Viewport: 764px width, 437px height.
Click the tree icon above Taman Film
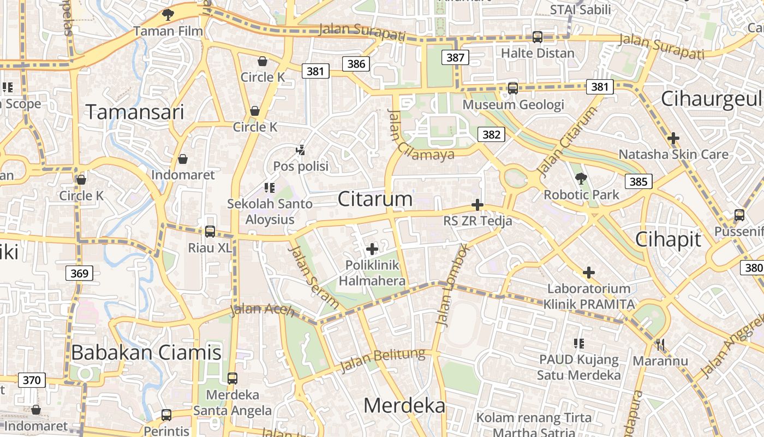168,15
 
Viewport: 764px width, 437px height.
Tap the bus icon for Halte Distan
538,37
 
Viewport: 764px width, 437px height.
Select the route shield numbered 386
356,64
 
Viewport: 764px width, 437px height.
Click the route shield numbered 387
455,57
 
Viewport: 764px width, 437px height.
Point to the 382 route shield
491,134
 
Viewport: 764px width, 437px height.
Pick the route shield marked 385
638,181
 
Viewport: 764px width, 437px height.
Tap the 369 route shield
79,273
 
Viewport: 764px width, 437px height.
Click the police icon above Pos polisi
300,149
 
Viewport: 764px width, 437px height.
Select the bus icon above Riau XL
210,231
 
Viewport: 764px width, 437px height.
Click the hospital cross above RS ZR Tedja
477,205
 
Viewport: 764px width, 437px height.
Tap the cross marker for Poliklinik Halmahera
372,249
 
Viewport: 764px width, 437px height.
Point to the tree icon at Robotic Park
581,178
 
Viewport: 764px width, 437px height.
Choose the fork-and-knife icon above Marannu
660,345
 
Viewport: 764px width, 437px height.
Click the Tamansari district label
135,112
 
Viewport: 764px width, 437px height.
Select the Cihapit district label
668,239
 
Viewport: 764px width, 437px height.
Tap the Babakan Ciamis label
146,352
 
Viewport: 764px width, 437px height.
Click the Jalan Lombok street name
452,285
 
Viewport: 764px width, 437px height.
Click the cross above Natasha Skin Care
673,138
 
